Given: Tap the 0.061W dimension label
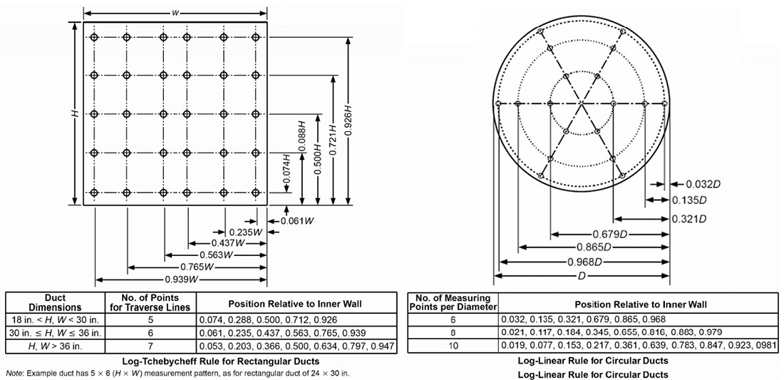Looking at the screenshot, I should click(x=299, y=220).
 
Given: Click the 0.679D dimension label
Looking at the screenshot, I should click(x=609, y=234).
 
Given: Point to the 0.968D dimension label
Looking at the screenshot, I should click(x=582, y=262).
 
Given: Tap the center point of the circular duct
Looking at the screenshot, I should click(x=582, y=104).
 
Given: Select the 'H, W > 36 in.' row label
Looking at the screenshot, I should click(x=55, y=346).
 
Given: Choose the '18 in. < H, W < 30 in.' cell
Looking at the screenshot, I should click(x=55, y=320).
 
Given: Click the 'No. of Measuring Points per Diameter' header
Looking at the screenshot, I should click(x=452, y=302).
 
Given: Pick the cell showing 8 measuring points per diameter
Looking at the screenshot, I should click(x=452, y=332).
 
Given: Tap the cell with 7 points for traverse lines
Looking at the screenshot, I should click(x=150, y=346).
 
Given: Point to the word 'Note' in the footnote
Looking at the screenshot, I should click(x=15, y=373).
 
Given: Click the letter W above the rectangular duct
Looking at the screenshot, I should click(x=175, y=13).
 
